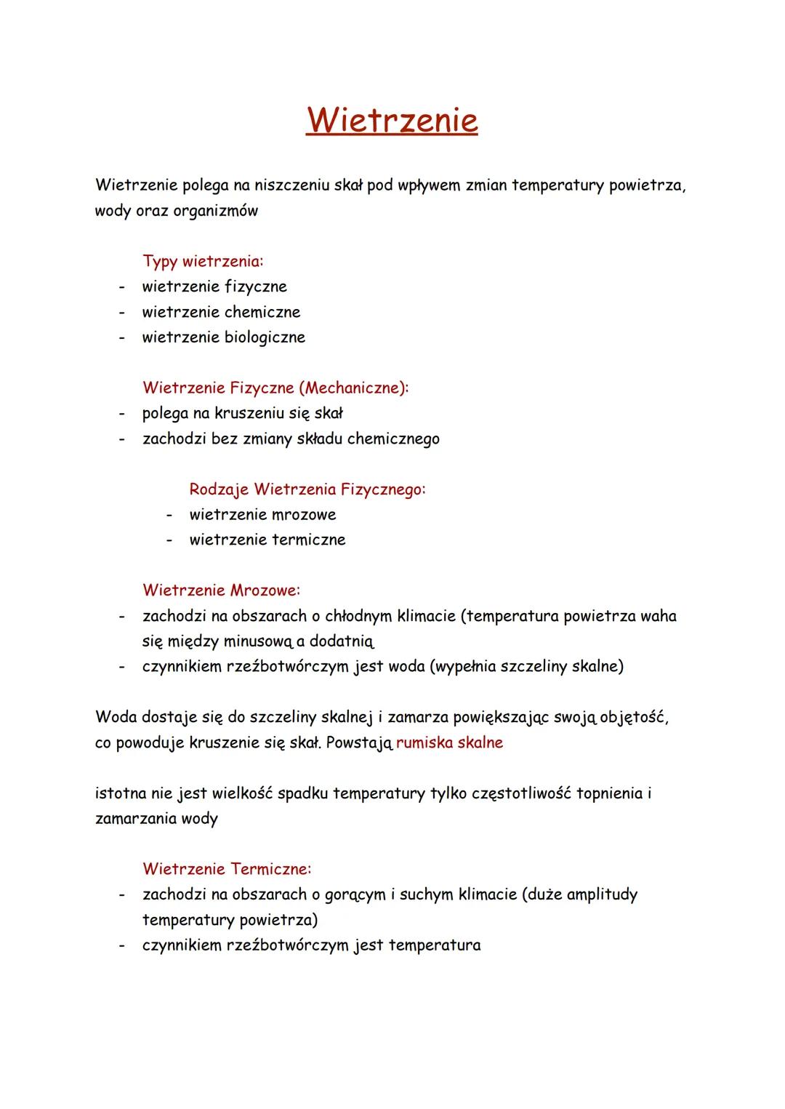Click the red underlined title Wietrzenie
[x=392, y=120]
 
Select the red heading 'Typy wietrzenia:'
[x=203, y=260]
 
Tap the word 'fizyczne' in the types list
[x=255, y=287]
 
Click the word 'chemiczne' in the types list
[x=262, y=312]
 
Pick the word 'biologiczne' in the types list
[x=265, y=337]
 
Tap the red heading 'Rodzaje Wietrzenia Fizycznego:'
[x=307, y=489]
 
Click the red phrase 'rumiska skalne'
[x=449, y=743]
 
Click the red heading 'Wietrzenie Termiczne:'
[x=227, y=868]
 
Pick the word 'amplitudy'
[x=601, y=894]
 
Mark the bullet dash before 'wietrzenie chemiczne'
[x=123, y=312]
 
